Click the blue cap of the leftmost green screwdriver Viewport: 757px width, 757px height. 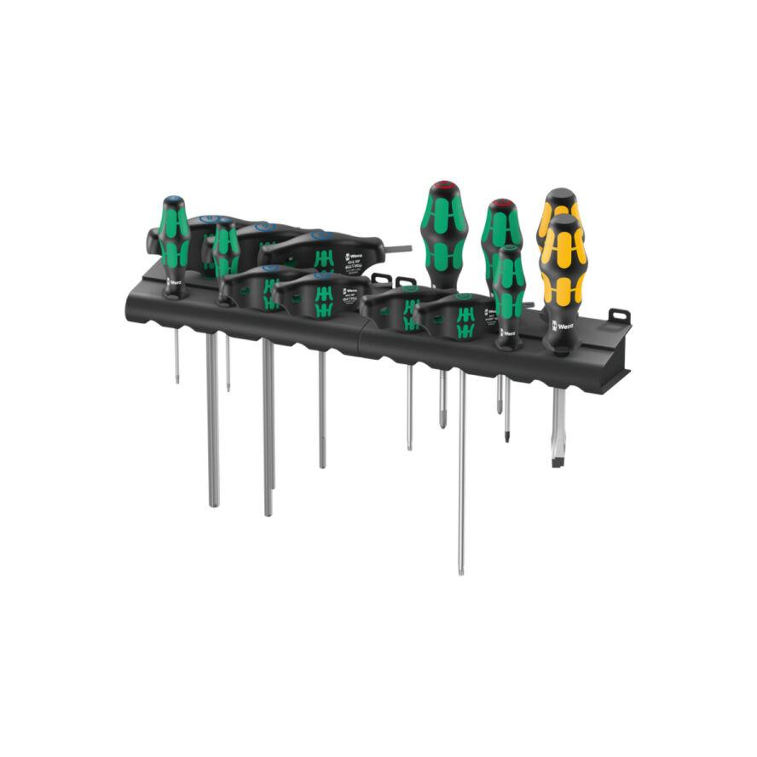(x=173, y=202)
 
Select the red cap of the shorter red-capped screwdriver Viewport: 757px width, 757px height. (x=501, y=205)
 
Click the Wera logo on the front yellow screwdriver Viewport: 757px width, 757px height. (x=563, y=325)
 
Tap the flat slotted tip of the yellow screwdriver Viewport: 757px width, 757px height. (x=558, y=460)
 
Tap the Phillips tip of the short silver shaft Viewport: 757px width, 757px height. (x=442, y=421)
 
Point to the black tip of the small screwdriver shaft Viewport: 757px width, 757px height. (x=506, y=437)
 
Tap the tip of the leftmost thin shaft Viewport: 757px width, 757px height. (x=176, y=378)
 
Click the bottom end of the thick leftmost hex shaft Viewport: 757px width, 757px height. (x=213, y=504)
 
